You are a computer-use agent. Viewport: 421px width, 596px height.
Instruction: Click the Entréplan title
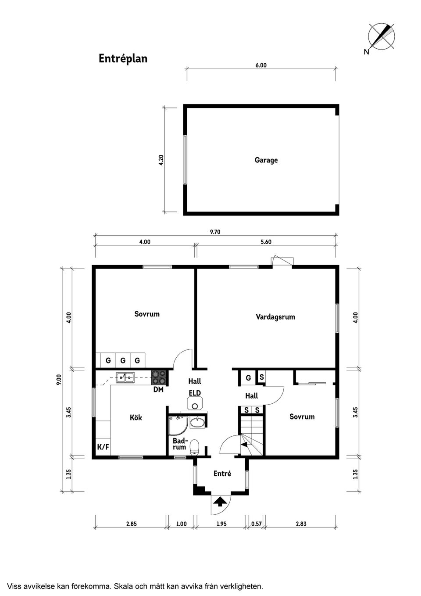point(123,58)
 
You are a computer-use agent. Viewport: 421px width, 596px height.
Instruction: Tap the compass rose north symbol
point(381,36)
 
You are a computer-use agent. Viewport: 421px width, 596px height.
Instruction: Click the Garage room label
point(266,160)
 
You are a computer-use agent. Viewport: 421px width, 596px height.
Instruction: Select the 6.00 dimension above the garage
point(261,65)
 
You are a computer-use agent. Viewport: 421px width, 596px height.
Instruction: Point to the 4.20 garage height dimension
point(161,160)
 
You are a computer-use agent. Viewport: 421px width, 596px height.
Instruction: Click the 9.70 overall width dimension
point(215,232)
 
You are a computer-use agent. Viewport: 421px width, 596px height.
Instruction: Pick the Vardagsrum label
point(275,317)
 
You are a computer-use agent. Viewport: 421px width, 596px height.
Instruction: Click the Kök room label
point(136,417)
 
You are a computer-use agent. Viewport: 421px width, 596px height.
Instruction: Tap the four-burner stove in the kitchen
point(159,378)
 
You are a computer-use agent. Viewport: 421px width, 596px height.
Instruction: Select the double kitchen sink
point(125,377)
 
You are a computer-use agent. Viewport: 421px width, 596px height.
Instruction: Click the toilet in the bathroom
point(195,447)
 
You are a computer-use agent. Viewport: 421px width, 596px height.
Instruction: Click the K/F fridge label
point(103,447)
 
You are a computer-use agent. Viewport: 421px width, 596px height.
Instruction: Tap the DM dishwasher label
point(158,390)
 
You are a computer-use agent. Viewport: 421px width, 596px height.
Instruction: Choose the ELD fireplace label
point(195,393)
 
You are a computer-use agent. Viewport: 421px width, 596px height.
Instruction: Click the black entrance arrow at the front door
point(220,502)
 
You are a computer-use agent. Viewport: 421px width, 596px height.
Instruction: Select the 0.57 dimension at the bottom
point(257,524)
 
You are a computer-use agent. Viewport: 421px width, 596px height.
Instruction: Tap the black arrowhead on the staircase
point(244,444)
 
